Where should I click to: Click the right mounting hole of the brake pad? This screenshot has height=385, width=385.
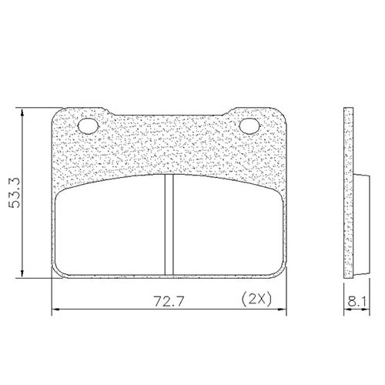click(250, 126)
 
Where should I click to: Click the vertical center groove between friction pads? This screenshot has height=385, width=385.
click(169, 224)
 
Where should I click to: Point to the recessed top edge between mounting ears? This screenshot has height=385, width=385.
click(169, 118)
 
